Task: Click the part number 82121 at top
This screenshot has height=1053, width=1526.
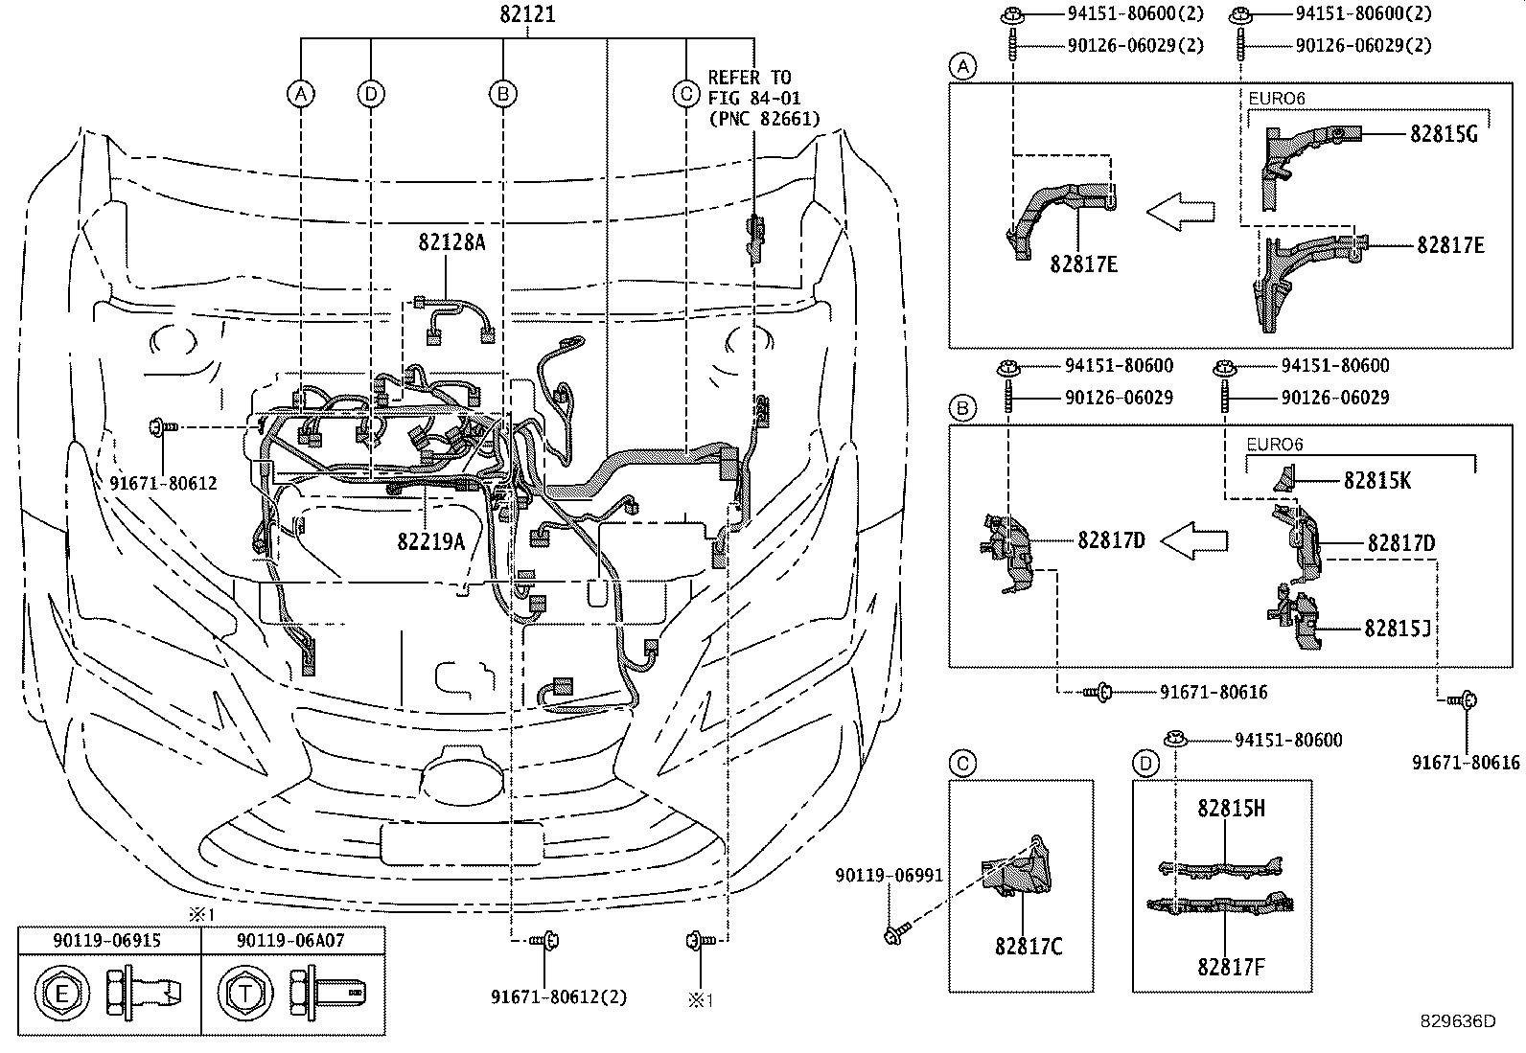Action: tap(527, 15)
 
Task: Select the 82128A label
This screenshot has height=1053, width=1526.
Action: tap(451, 242)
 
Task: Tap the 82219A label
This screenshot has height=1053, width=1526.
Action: tap(430, 541)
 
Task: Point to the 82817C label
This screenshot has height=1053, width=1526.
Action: tap(1029, 947)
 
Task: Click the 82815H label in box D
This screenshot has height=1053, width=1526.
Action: tap(1231, 809)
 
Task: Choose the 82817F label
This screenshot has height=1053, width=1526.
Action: tap(1231, 967)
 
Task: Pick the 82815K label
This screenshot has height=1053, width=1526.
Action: tap(1376, 481)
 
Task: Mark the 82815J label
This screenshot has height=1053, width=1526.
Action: tap(1398, 628)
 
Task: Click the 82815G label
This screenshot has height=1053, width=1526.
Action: tap(1444, 134)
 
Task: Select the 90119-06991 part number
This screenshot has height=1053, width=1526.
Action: tap(888, 875)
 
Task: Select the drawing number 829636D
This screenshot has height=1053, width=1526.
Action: tap(1458, 1021)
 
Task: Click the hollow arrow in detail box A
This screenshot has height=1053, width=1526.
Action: tap(1181, 212)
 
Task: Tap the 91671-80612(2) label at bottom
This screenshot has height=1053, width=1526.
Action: tap(559, 997)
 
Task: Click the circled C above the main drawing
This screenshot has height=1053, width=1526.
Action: tap(685, 93)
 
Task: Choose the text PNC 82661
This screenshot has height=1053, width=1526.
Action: tap(764, 119)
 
